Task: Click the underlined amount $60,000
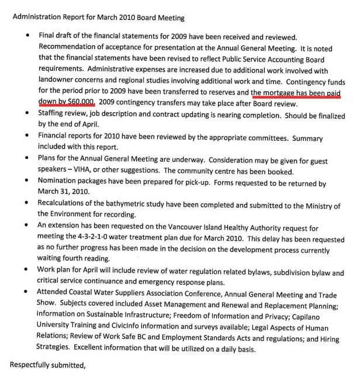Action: tap(79, 103)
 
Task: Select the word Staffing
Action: tap(53, 114)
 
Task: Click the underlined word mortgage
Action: tap(285, 93)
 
